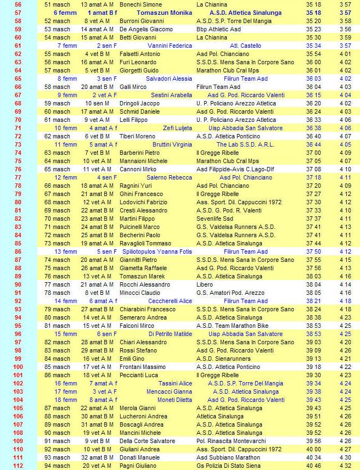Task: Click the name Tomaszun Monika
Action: pos(164,13)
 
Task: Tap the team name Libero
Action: pos(206,284)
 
